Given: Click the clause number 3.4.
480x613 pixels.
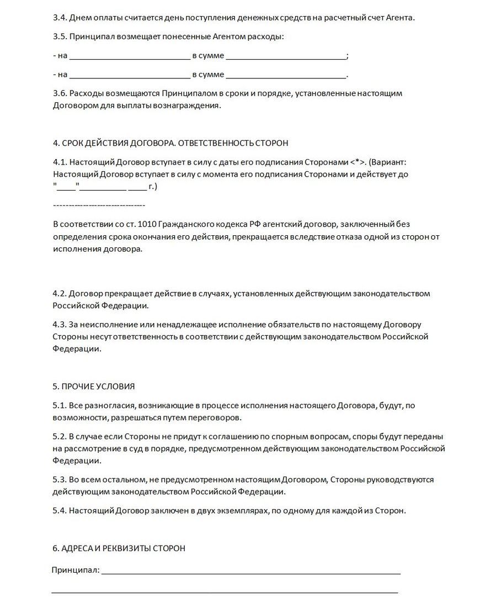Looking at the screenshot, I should pos(59,18).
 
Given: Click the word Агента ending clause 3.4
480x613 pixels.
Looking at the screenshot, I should pos(398,18).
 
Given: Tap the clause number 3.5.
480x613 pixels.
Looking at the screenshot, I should pos(59,37).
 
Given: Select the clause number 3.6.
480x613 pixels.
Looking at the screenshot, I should pos(59,93).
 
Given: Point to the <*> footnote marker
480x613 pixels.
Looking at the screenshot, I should pos(358,162).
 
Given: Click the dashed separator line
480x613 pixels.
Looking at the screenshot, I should pos(99,205).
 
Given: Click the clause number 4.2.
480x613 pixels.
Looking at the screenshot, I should pos(59,293).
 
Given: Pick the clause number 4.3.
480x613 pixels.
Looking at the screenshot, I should pos(59,324).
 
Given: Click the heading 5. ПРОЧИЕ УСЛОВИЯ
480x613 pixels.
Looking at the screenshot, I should pos(94,386).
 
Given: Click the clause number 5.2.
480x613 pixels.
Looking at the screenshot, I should pos(59,436).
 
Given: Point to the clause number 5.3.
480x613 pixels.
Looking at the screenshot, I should pos(59,479).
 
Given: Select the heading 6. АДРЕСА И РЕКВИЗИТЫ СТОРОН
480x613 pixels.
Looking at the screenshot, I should pos(119,548).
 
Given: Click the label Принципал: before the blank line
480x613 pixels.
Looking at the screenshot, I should pos(76,570).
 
